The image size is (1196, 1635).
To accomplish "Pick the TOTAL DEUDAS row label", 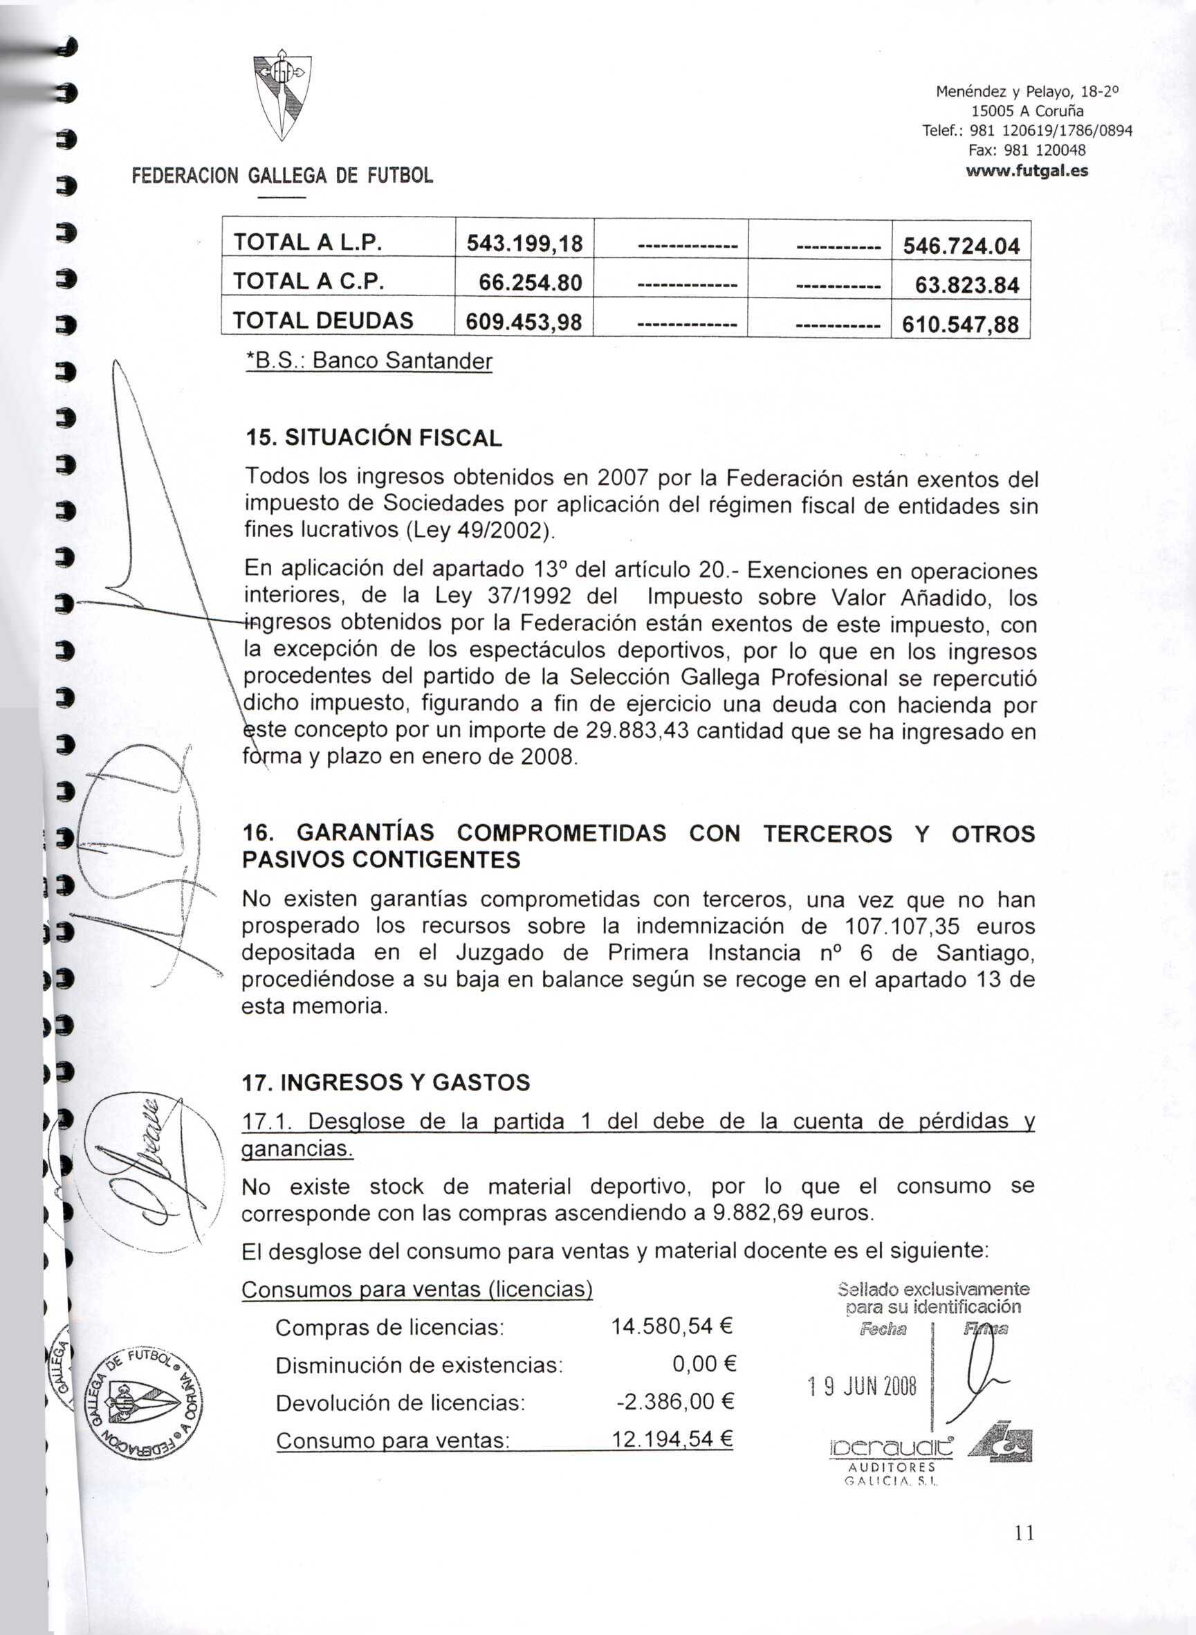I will (323, 320).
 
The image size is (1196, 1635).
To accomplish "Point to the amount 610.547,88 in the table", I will (960, 324).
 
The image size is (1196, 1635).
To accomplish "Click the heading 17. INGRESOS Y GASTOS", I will (385, 1083).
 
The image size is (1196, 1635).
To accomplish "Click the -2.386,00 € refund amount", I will (674, 1403).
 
